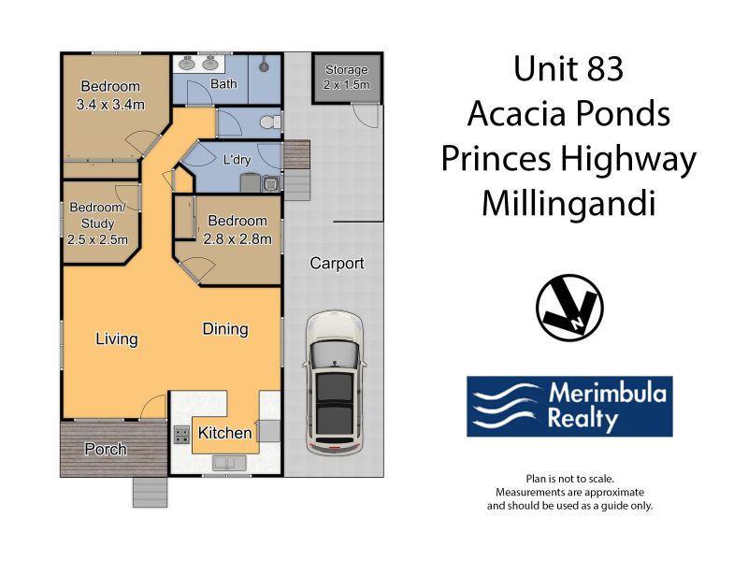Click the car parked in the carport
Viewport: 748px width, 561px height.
coord(335,382)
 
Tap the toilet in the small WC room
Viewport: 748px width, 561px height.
coord(270,122)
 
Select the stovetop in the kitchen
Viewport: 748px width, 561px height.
coord(181,435)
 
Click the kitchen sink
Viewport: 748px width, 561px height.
coord(229,463)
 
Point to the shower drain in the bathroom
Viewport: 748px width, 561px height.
coord(264,65)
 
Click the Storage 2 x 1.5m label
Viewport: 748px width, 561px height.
coord(346,78)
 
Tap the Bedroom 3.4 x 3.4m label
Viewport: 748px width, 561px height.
coord(110,95)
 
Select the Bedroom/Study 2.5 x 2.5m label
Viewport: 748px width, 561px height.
coord(98,223)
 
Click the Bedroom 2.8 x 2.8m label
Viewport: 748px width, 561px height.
coord(237,230)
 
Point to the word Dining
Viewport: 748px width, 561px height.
coord(225,329)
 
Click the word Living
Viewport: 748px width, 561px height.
coord(117,339)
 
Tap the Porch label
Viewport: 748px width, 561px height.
coord(106,449)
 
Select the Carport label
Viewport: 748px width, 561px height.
coord(337,264)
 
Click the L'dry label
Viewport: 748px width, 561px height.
coord(237,159)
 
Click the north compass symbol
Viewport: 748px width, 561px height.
coord(569,308)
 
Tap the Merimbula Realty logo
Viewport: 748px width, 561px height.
coord(569,407)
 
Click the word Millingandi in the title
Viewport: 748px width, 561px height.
coord(568,203)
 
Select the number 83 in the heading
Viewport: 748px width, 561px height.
coord(605,68)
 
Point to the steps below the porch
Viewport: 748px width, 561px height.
coord(151,492)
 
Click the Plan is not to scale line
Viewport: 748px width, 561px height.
coord(569,479)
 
